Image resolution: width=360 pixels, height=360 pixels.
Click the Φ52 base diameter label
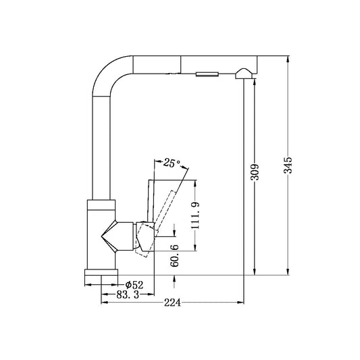coord(134,284)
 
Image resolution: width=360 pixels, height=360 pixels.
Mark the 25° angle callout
coord(172,163)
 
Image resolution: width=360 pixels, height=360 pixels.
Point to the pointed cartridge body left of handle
coord(112,236)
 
